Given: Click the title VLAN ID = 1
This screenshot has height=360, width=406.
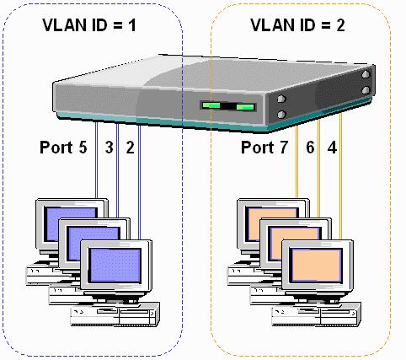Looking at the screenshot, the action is tap(89, 25).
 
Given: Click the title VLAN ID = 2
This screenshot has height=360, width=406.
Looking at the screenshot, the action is tap(297, 25).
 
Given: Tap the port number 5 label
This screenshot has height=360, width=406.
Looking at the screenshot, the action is tap(83, 147).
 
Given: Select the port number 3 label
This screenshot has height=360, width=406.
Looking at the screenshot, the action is tap(110, 147).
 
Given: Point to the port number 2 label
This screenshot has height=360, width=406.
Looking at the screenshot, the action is tap(130, 147).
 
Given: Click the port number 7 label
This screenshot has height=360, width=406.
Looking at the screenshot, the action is tap(284, 147).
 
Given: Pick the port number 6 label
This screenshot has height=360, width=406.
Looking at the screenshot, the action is tap(310, 147).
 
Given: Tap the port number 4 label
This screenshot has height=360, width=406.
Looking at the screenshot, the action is tap(332, 147).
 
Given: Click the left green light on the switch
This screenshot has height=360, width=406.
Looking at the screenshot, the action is tap(211, 105).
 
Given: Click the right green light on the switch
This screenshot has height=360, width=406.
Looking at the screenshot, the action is tap(245, 107).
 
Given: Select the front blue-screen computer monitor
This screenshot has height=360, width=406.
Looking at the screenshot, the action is tap(116, 269).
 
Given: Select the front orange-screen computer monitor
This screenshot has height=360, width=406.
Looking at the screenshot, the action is tap(318, 269).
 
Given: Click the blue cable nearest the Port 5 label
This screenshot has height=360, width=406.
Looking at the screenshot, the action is tap(96, 160).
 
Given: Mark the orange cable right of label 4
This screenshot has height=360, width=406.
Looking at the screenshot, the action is tap(340, 175).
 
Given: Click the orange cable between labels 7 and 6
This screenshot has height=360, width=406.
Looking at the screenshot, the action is tap(296, 163).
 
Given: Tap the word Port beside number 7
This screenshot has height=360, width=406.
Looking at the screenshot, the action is tap(258, 147).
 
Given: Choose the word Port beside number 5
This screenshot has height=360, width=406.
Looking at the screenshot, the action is tap(56, 147).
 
